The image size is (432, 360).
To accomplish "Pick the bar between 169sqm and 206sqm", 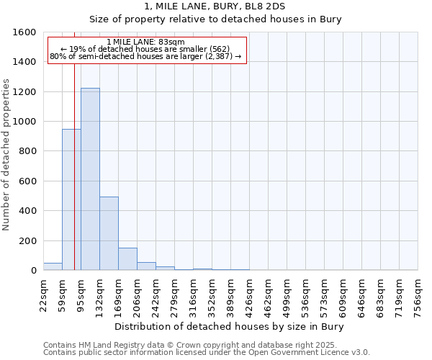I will point(127,258).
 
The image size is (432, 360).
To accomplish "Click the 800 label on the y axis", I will point(28,151).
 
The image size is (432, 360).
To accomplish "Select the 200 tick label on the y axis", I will point(28,240).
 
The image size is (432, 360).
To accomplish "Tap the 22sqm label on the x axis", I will point(43,291).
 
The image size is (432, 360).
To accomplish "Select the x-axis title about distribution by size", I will point(229,326).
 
